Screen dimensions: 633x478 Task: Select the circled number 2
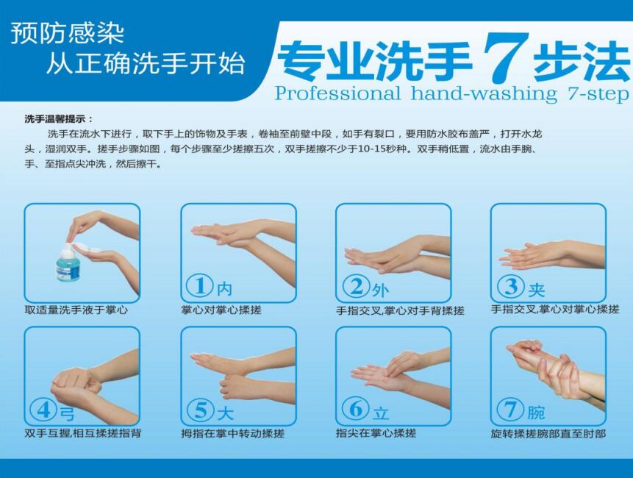pyautogui.click(x=357, y=286)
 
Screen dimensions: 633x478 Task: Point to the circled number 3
pyautogui.click(x=511, y=285)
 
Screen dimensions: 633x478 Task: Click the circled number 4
pyautogui.click(x=43, y=410)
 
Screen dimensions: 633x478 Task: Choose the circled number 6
pyautogui.click(x=355, y=409)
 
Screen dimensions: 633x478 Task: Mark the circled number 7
pyautogui.click(x=510, y=410)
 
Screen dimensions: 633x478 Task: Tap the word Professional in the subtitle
pyautogui.click(x=337, y=93)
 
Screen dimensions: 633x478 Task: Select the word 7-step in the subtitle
pyautogui.click(x=598, y=94)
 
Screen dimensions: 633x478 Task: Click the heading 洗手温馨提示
pyautogui.click(x=59, y=119)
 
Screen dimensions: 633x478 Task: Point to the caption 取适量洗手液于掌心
pyautogui.click(x=76, y=310)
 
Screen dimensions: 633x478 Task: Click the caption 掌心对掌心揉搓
pyautogui.click(x=221, y=310)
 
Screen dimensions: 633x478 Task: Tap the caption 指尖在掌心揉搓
pyautogui.click(x=376, y=434)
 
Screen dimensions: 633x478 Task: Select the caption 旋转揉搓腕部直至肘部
pyautogui.click(x=548, y=434)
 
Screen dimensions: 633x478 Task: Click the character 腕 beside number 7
pyautogui.click(x=536, y=413)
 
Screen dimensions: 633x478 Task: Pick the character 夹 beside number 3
pyautogui.click(x=537, y=290)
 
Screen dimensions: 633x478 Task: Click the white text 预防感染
pyautogui.click(x=67, y=32)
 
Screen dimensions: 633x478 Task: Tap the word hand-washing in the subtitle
pyautogui.click(x=484, y=93)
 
